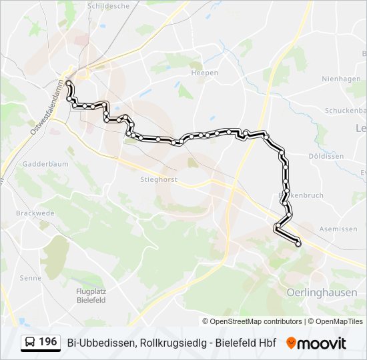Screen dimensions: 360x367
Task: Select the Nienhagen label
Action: tap(340, 78)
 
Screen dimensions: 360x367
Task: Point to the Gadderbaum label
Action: tap(41, 163)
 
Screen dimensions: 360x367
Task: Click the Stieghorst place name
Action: tap(138, 178)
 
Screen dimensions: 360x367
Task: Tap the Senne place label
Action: tap(30, 278)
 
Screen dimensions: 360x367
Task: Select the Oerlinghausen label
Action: tap(321, 293)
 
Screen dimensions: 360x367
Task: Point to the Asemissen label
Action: tap(338, 228)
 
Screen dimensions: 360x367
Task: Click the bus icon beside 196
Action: tap(30, 343)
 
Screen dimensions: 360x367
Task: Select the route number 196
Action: tap(47, 342)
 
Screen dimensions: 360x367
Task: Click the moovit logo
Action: tap(316, 343)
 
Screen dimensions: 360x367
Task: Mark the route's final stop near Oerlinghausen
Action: tap(298, 244)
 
